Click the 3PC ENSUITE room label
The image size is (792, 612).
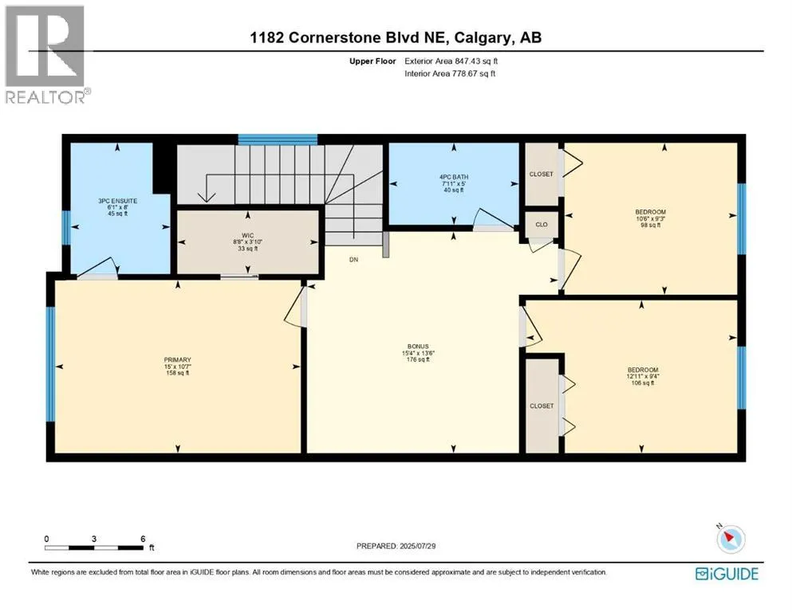point(118,201)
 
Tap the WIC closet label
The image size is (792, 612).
point(247,236)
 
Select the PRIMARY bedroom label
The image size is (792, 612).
point(177,359)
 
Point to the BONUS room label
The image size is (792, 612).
point(418,347)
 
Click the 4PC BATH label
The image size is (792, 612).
point(454,177)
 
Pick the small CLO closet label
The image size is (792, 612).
point(542,225)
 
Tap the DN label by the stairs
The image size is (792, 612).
point(353,259)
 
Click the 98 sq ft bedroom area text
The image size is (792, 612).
point(651,225)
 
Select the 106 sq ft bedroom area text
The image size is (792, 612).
point(643,383)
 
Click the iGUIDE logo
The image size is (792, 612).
point(727,574)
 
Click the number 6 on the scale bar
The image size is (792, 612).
point(143,539)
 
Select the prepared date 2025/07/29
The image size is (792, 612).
point(417,546)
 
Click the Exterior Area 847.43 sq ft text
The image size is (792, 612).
point(451,61)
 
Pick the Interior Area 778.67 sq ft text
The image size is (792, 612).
point(450,73)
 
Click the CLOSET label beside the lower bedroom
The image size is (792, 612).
point(542,406)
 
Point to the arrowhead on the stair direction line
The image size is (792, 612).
point(207,196)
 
